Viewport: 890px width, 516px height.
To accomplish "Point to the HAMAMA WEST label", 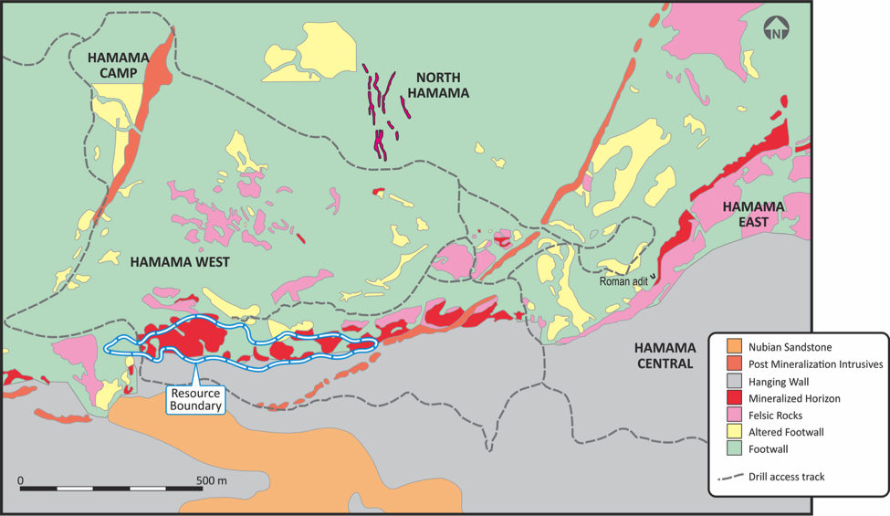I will coord(179,262).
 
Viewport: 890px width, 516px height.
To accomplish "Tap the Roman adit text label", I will coord(623,281).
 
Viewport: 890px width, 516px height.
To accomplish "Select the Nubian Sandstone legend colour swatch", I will coord(733,347).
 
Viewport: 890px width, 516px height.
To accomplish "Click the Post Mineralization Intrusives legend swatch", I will coord(733,363).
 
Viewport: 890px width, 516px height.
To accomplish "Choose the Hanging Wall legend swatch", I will coord(733,381).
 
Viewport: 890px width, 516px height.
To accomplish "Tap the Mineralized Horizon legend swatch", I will coord(733,398).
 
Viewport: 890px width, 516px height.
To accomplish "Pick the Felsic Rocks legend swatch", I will coord(733,415).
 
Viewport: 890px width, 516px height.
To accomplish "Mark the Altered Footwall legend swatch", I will coord(733,432).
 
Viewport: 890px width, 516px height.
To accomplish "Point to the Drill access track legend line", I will coord(732,477).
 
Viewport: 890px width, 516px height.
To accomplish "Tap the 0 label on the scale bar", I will coord(20,480).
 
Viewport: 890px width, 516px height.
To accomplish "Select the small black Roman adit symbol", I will coord(654,281).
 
